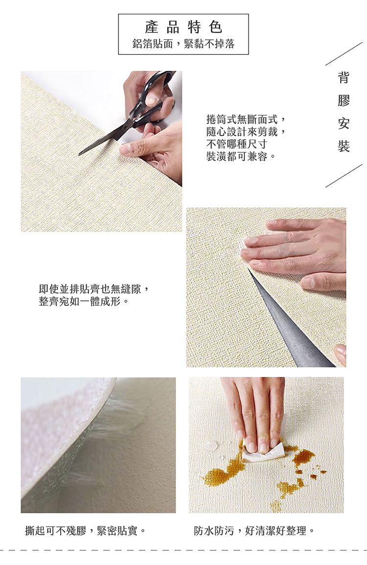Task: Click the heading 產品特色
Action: [183, 27]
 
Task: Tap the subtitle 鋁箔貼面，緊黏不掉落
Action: [183, 44]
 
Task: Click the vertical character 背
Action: [344, 77]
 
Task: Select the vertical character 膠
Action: [344, 100]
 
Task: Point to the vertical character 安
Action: [344, 123]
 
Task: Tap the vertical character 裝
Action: [344, 147]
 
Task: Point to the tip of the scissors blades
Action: [79, 154]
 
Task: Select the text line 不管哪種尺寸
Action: [237, 144]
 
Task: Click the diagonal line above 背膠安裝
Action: [344, 54]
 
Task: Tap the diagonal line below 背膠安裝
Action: [344, 176]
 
